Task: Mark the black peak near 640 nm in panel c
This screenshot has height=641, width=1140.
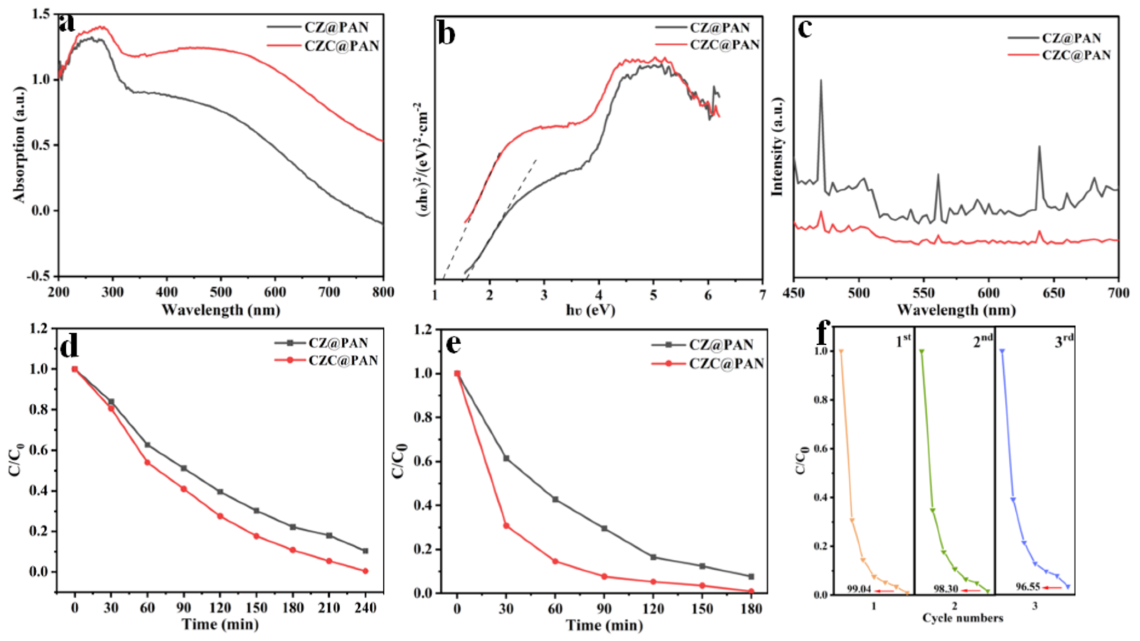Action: (x=1039, y=147)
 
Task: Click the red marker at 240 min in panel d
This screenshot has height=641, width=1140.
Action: (x=365, y=571)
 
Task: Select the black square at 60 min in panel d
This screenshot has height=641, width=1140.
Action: (x=147, y=444)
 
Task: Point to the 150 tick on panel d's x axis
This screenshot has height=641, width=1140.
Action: (x=256, y=608)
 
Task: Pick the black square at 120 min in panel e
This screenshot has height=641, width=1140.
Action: (x=653, y=557)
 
